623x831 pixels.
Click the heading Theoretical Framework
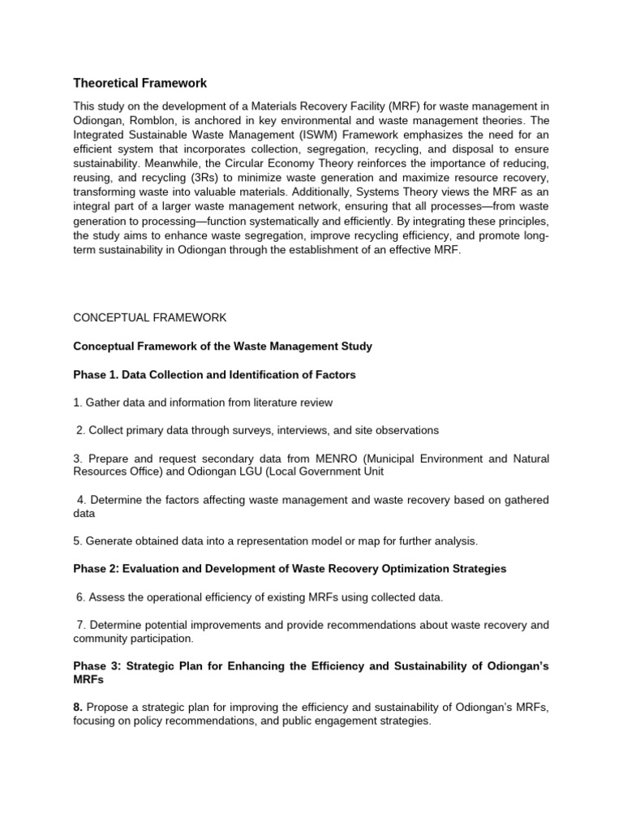[140, 83]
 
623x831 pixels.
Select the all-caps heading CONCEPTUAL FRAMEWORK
[150, 317]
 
